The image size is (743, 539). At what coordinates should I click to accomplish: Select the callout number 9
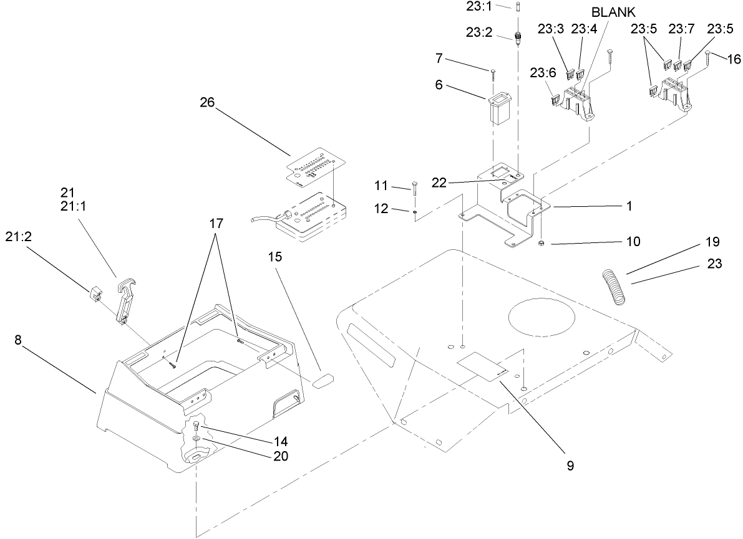(x=570, y=465)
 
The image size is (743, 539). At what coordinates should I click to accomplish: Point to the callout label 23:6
(x=543, y=72)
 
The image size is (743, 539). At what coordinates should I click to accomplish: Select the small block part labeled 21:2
(x=95, y=293)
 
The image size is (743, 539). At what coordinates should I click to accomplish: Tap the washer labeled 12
(x=414, y=211)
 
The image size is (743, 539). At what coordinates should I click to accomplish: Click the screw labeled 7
(x=493, y=74)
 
